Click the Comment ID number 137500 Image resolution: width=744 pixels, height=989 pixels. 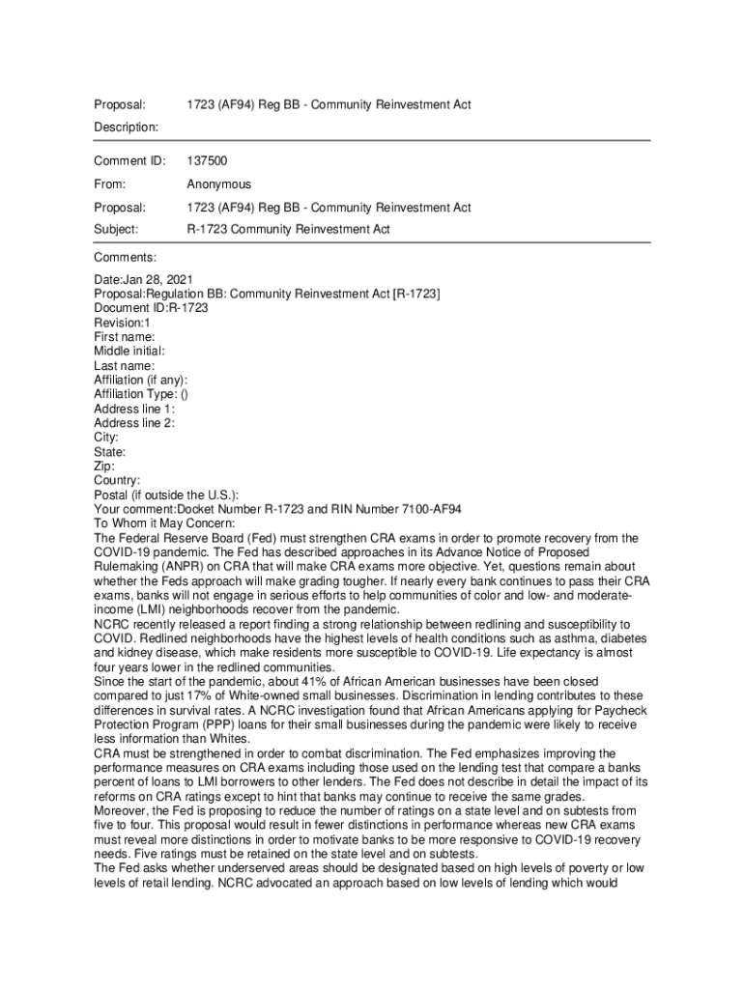(207, 160)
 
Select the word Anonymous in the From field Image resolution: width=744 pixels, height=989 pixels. (218, 184)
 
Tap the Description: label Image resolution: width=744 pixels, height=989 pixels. (126, 127)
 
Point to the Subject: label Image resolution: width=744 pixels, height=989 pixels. (116, 230)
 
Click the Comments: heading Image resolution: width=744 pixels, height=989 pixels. (125, 257)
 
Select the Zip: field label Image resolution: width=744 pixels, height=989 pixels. (105, 466)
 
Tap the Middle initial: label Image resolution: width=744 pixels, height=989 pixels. (129, 351)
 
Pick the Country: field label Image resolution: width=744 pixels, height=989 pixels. (117, 480)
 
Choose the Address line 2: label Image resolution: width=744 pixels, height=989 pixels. (134, 423)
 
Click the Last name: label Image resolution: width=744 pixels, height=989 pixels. (124, 366)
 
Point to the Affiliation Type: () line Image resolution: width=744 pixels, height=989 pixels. (141, 394)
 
